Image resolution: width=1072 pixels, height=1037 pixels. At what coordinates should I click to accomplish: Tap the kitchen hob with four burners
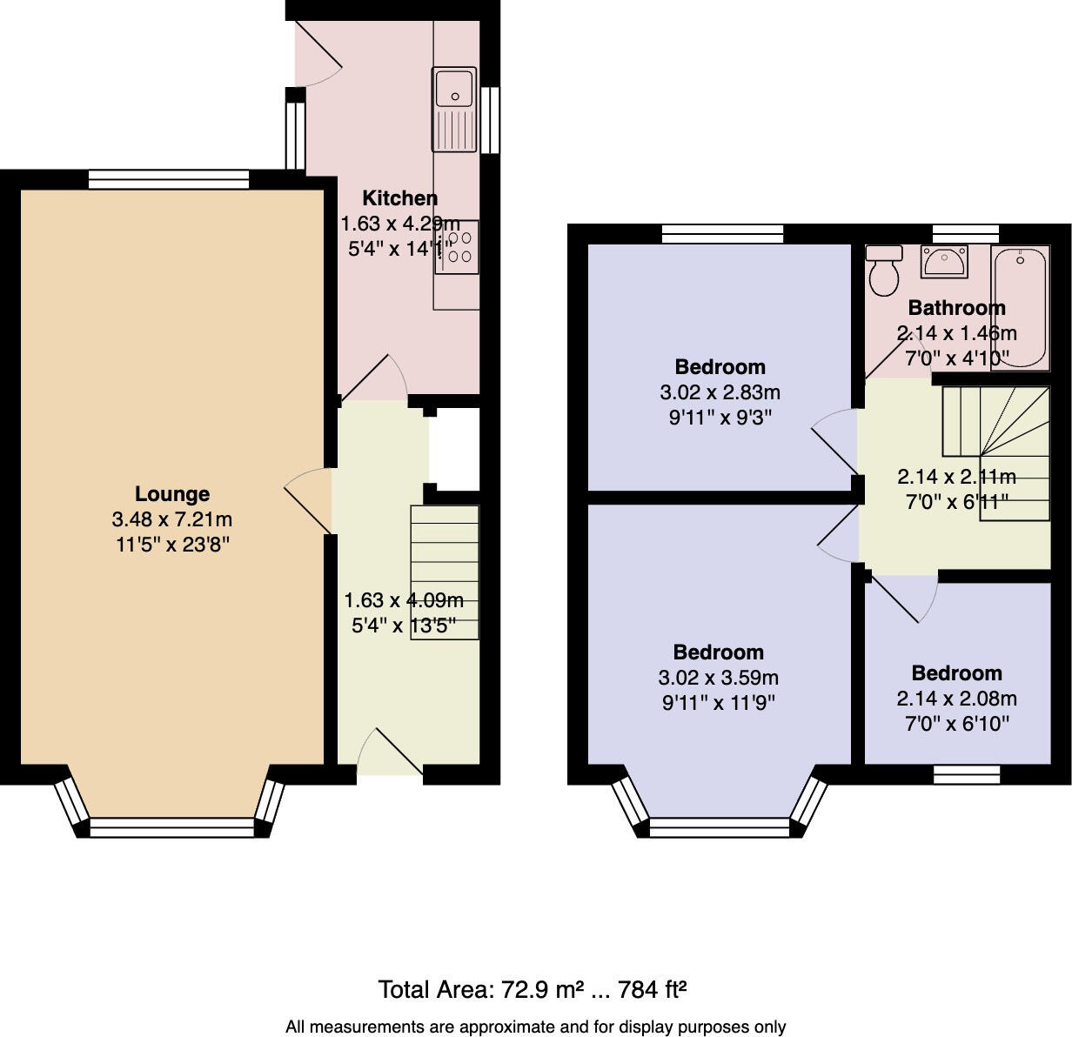pyautogui.click(x=457, y=246)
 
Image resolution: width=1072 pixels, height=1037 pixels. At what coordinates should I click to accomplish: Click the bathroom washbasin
pyautogui.click(x=943, y=262)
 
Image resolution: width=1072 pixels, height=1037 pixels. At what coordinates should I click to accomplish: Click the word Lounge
pyautogui.click(x=172, y=494)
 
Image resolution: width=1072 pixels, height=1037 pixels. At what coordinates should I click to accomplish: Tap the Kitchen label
pyautogui.click(x=399, y=198)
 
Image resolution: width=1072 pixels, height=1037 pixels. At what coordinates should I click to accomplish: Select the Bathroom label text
pyautogui.click(x=956, y=308)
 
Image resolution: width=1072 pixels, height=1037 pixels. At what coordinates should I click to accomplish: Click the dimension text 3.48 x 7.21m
pyautogui.click(x=172, y=520)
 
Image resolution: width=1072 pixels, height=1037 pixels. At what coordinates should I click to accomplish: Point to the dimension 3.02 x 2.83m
pyautogui.click(x=720, y=392)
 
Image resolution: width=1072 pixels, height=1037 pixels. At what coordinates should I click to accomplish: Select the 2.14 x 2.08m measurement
pyautogui.click(x=956, y=699)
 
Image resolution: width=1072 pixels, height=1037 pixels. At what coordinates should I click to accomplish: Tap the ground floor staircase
pyautogui.click(x=445, y=572)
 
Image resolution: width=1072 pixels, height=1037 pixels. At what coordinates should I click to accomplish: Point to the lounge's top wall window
pyautogui.click(x=169, y=180)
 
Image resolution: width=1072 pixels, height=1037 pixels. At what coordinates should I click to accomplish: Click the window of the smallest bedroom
pyautogui.click(x=967, y=775)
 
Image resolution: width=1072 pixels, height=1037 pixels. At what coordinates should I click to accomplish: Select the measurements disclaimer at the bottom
pyautogui.click(x=535, y=1027)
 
